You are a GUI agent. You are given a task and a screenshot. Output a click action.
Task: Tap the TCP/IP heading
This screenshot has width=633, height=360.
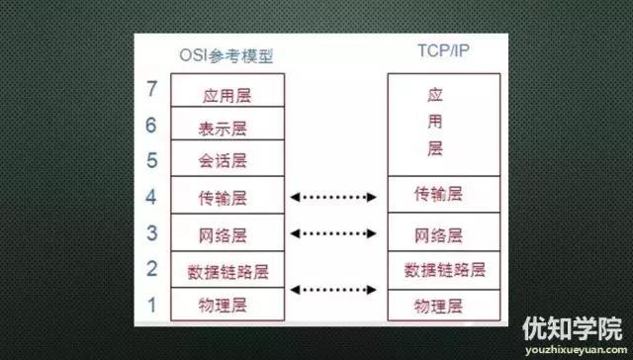point(435,56)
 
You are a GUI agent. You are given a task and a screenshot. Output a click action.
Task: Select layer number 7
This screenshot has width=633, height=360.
point(151,90)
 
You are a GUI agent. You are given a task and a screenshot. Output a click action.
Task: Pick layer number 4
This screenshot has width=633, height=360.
point(151,196)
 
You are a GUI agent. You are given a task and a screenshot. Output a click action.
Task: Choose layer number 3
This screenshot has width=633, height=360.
point(151,233)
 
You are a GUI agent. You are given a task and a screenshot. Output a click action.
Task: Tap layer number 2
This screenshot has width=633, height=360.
point(151,268)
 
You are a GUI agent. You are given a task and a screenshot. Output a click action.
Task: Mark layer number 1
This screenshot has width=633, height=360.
point(151,303)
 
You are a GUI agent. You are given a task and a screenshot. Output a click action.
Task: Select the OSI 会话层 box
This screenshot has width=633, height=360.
point(228,158)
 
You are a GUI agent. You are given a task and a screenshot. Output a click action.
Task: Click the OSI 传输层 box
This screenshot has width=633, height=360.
point(228,196)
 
